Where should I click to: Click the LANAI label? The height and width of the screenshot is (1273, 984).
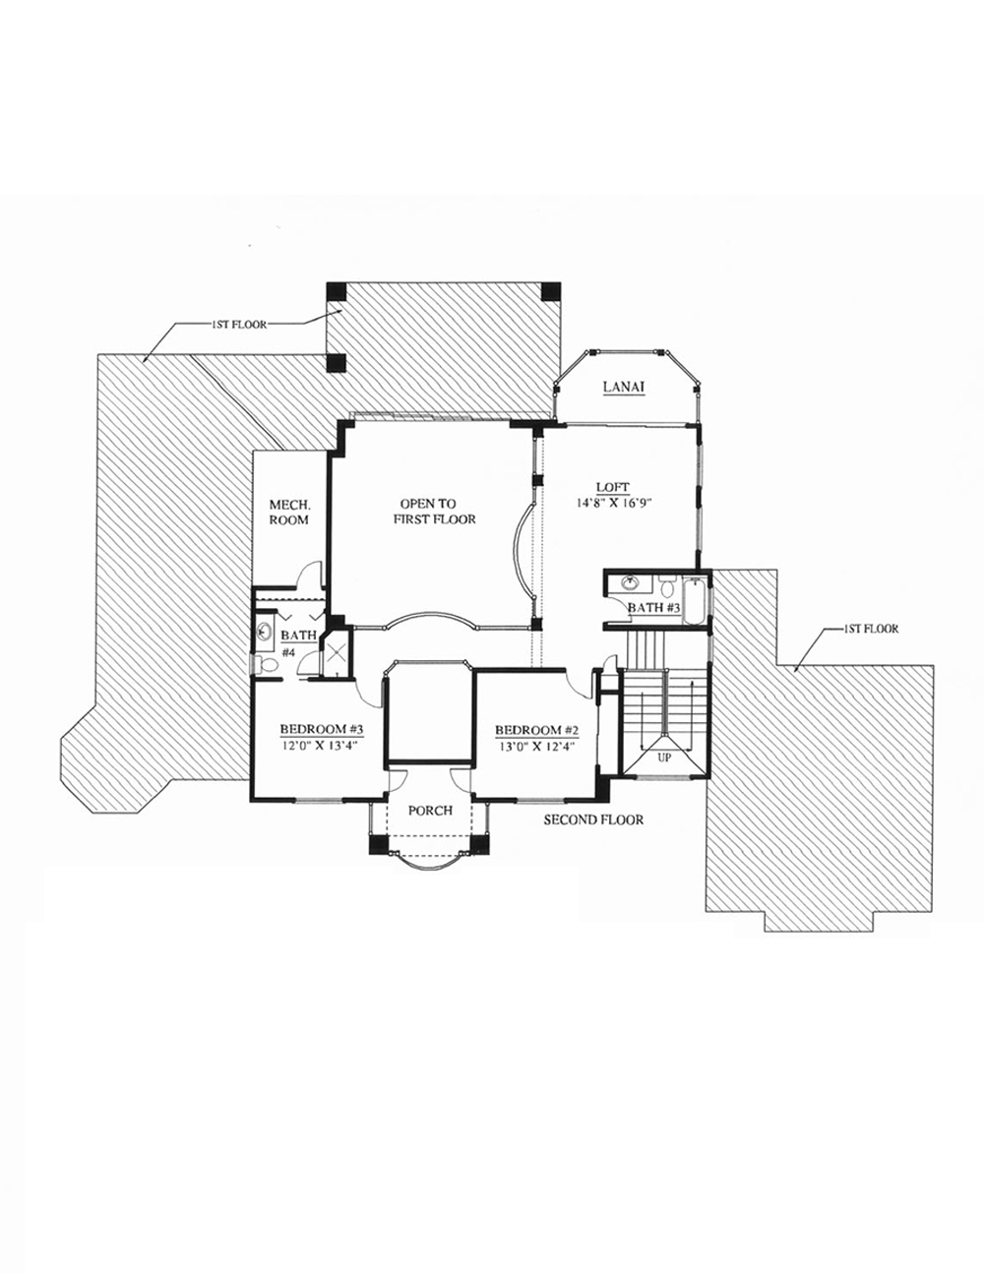click(x=624, y=387)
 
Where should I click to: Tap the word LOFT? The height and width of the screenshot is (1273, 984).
click(x=613, y=487)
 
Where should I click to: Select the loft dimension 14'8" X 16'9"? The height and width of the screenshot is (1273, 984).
click(x=613, y=502)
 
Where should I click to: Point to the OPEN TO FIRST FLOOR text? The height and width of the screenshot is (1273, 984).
click(x=434, y=512)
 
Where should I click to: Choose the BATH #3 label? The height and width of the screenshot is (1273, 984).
click(x=654, y=608)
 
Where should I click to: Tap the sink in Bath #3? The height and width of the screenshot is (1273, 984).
click(x=630, y=582)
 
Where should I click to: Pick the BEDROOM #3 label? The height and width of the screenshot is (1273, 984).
click(x=322, y=729)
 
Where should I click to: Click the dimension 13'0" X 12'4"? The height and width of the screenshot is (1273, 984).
click(x=537, y=747)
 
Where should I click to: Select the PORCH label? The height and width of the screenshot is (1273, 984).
click(x=431, y=811)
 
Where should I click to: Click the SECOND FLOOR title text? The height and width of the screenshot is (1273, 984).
click(x=593, y=819)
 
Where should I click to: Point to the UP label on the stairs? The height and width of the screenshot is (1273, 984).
click(x=664, y=758)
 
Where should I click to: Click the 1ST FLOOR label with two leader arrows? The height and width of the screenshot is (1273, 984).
click(x=239, y=325)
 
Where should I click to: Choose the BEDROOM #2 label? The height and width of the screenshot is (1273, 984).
click(x=537, y=730)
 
